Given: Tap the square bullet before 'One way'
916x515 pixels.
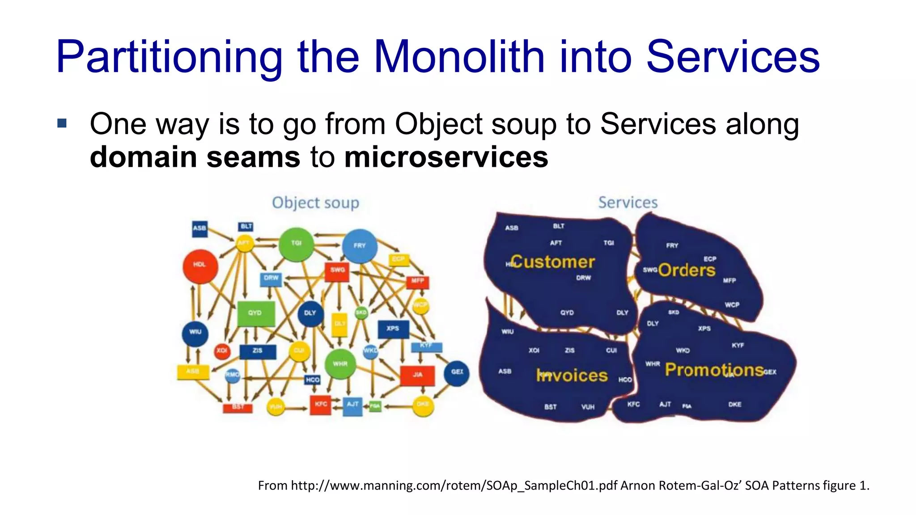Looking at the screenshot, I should [x=62, y=123].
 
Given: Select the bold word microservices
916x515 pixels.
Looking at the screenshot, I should [x=446, y=157].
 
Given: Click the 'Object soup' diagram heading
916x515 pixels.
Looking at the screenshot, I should [x=315, y=203].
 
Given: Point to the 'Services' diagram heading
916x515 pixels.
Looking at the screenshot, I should [x=628, y=203].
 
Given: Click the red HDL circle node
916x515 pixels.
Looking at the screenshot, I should [x=200, y=266].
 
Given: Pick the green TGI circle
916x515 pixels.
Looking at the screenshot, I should [x=296, y=244].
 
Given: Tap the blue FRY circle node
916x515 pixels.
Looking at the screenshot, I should [x=360, y=246].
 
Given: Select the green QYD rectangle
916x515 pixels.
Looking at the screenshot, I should [x=255, y=313].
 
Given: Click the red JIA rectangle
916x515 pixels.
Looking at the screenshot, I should [x=417, y=375].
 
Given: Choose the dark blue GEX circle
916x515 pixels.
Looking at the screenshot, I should [x=457, y=372].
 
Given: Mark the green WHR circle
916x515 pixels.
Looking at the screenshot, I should [x=340, y=364].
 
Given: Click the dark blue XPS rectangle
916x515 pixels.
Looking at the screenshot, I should [x=393, y=329].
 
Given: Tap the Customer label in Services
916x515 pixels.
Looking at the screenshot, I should [x=553, y=262].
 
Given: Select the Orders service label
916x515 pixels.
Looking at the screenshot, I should [x=687, y=270].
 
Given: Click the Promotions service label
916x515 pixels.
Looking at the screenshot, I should [x=714, y=370].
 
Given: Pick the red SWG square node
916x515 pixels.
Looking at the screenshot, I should [x=337, y=270].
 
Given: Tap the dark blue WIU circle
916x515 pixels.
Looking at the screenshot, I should [x=195, y=333].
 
